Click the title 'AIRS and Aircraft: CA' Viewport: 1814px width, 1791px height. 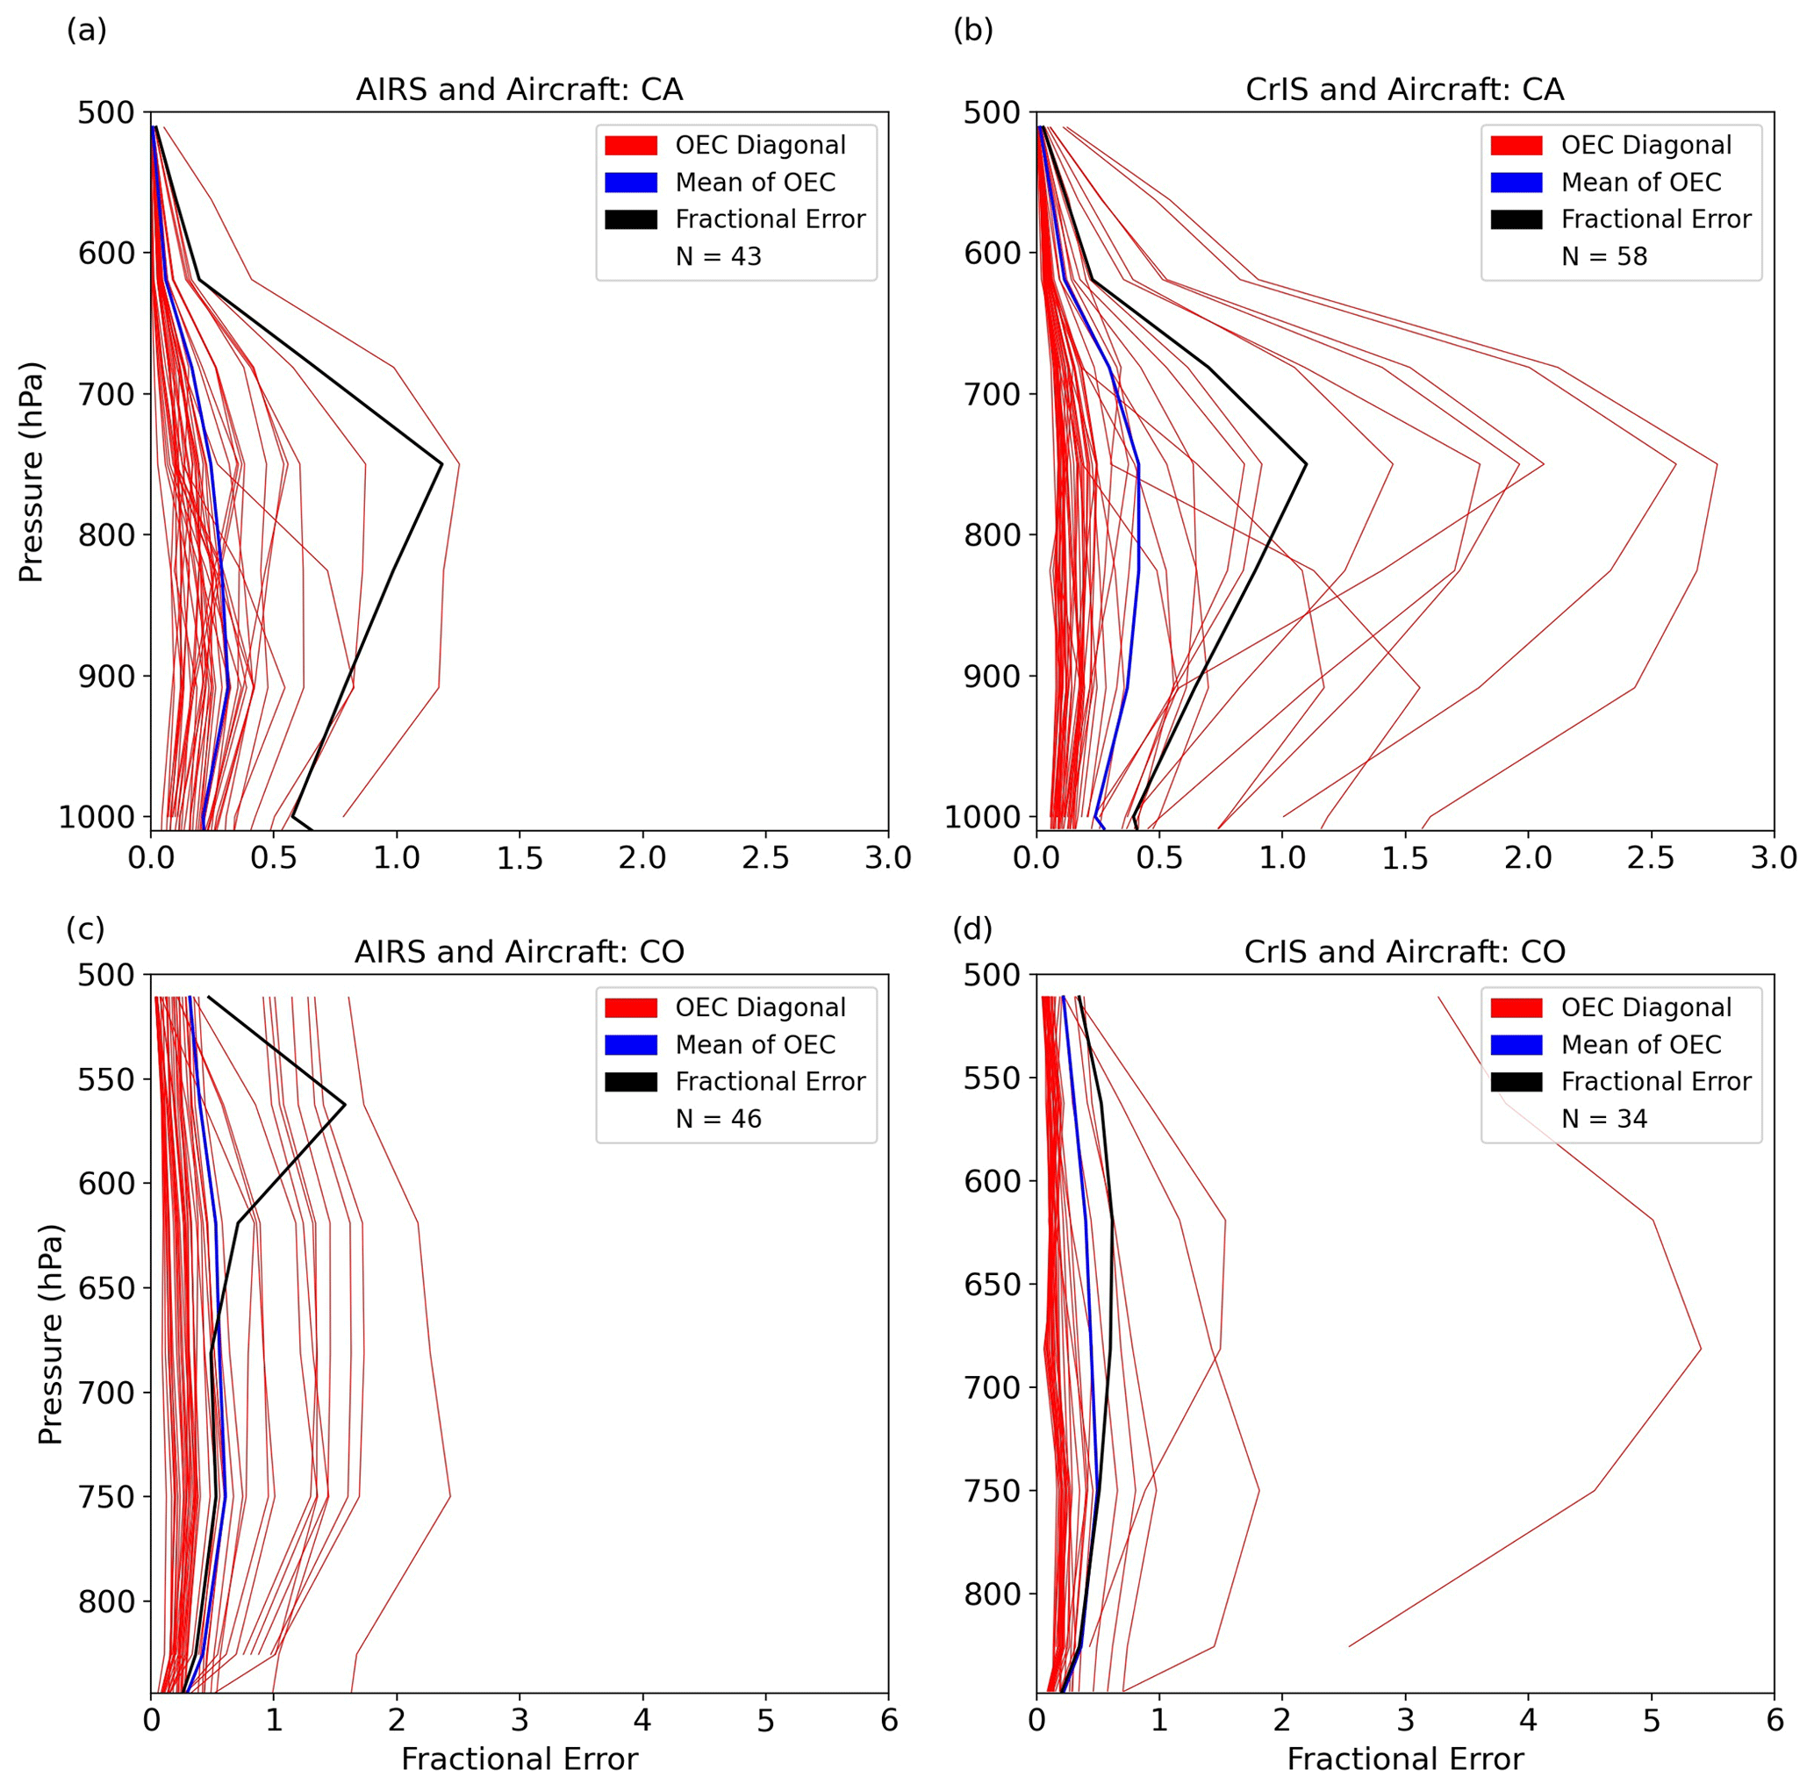[x=520, y=90]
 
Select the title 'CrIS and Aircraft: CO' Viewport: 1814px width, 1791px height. [x=1405, y=952]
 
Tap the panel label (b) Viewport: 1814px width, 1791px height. [x=972, y=30]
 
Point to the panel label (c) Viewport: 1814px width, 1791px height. [x=85, y=928]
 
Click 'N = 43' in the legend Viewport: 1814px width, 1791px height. [x=718, y=256]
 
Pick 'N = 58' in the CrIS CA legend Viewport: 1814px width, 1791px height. [x=1603, y=256]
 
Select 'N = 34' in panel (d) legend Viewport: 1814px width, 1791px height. [x=1603, y=1119]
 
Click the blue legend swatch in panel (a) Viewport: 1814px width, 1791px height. [x=631, y=183]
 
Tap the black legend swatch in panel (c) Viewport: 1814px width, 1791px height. [x=631, y=1081]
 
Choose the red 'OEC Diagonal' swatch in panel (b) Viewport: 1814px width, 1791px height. [x=1516, y=145]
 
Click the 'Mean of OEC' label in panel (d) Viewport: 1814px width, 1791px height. [x=1641, y=1045]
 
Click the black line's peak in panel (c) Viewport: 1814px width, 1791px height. [x=346, y=1105]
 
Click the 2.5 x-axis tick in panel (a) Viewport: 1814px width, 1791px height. [x=765, y=858]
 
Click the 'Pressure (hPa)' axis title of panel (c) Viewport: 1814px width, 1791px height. [x=50, y=1334]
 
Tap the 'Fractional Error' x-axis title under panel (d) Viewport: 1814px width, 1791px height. [x=1405, y=1759]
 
